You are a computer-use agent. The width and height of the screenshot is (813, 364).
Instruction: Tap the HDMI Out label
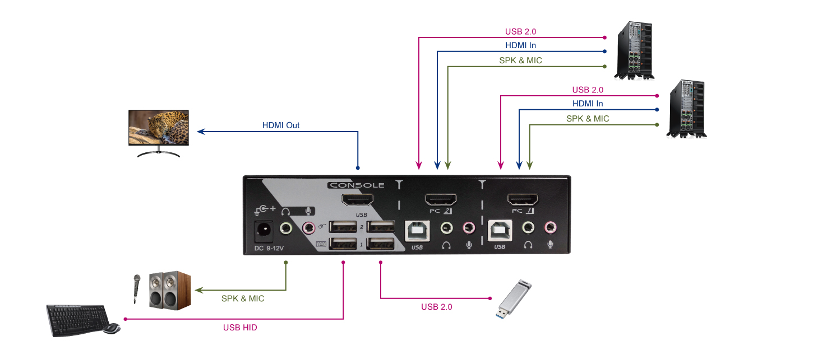click(281, 125)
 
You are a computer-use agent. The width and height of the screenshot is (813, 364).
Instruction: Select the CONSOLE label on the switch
click(356, 185)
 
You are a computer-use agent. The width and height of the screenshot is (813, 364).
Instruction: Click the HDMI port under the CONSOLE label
click(357, 199)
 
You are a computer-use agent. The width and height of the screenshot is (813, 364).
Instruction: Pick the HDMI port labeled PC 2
click(441, 199)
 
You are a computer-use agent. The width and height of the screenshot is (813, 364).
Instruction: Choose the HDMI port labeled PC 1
click(523, 199)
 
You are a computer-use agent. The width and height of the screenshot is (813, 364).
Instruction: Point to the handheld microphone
click(136, 288)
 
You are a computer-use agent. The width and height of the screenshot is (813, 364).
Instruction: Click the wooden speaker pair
click(169, 290)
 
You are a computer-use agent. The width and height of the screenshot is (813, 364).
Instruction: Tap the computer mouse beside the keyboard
click(112, 328)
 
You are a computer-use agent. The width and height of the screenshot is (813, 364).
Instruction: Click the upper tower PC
click(634, 50)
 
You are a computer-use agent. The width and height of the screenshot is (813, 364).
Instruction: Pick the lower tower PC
click(686, 108)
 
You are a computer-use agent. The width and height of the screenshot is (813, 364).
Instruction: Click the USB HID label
click(240, 328)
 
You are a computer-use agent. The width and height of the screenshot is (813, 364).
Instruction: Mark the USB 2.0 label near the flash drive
click(436, 307)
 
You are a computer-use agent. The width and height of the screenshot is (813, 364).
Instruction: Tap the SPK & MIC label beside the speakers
click(243, 299)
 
